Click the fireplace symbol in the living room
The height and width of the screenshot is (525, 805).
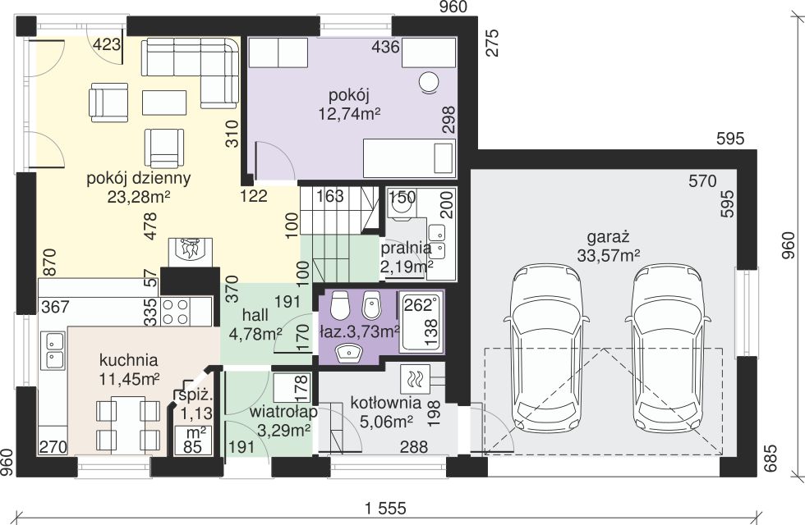point(190,252)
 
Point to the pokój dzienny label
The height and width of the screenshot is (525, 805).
point(139,179)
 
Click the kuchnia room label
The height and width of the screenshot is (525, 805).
point(128,360)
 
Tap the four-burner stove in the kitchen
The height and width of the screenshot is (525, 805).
point(175,312)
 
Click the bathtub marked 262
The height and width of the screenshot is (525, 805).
point(421,322)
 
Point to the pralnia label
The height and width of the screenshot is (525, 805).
point(406,248)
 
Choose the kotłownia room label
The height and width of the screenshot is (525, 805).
point(386,403)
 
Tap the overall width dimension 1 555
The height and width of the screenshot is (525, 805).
point(385,508)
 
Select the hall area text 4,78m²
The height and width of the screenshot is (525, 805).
point(255,335)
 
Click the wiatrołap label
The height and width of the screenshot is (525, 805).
point(283,412)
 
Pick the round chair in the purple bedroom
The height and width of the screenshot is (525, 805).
point(429,82)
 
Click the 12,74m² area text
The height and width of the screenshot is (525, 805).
point(349,113)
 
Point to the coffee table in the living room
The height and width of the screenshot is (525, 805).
point(164,103)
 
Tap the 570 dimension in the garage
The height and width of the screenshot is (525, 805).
point(703,181)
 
